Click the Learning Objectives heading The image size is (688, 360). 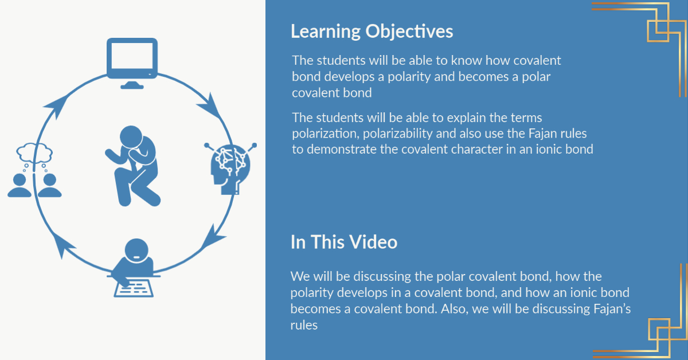tap(372, 32)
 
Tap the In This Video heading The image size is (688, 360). tap(344, 242)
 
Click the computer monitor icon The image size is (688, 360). tap(132, 63)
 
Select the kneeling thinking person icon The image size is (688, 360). tap(132, 166)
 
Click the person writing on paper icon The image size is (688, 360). tap(134, 268)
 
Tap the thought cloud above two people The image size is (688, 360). tap(34, 152)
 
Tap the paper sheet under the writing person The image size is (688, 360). tap(134, 288)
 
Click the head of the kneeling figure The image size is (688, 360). tap(131, 136)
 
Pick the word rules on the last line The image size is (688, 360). tap(304, 325)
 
